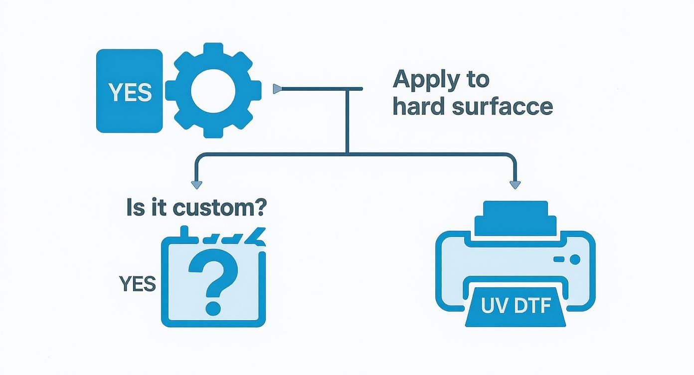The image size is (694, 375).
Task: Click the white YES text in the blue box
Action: click(130, 92)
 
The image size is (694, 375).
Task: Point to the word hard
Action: click(419, 106)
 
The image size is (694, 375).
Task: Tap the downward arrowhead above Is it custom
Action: click(197, 185)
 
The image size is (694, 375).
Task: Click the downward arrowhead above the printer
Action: click(515, 185)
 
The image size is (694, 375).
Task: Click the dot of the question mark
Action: click(213, 308)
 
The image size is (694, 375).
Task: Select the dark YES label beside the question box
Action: click(138, 284)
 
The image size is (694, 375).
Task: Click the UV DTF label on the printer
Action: click(515, 306)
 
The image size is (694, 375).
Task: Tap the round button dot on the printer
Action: click(574, 259)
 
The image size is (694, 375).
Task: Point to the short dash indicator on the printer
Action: click(559, 259)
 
